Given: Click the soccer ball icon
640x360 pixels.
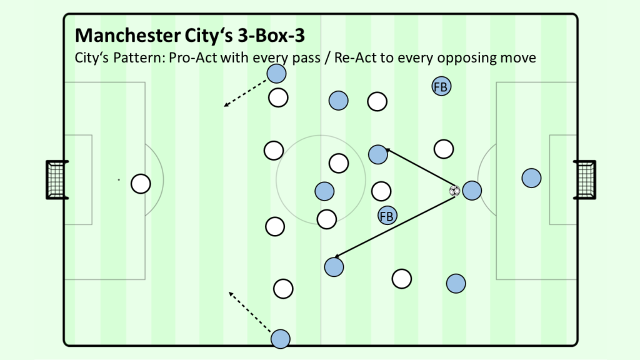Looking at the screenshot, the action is coord(454,191).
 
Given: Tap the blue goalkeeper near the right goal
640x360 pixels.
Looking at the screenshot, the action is coord(531,178).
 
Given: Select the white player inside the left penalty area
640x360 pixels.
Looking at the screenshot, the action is coord(141,184).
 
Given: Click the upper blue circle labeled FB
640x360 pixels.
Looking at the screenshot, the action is coord(441,86).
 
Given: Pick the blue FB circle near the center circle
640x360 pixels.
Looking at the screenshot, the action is coord(387,216).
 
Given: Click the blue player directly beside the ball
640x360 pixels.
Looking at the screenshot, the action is coord(472,190).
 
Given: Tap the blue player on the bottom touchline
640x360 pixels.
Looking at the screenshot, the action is coord(281,339).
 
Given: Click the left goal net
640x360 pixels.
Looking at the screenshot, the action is coord(56,180).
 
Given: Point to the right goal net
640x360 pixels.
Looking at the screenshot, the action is coord(584,180).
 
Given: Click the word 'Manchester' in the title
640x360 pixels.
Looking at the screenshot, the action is coord(127,36).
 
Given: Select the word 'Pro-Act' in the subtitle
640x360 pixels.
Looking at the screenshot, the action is coord(193,57).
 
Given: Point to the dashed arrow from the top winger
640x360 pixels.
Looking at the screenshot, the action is coord(245,94).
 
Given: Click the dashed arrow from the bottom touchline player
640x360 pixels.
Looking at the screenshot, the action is coord(249,312).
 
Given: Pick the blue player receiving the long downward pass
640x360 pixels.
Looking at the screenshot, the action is coord(334,267).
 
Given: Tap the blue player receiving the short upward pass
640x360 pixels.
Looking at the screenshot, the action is coord(378,155).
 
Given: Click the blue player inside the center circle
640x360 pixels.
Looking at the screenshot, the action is coord(324,191).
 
